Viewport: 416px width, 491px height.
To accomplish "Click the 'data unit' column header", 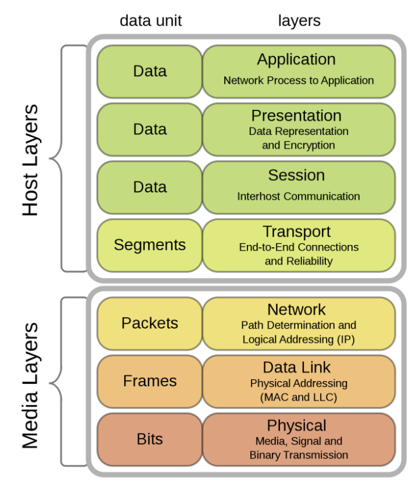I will [x=150, y=21].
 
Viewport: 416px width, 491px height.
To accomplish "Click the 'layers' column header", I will [x=299, y=21].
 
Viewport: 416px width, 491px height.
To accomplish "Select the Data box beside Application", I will [x=149, y=72].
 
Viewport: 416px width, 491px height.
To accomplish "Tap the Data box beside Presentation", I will [x=149, y=129].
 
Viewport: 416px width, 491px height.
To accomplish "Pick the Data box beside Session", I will [x=149, y=187].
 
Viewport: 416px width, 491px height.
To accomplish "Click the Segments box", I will [x=149, y=245].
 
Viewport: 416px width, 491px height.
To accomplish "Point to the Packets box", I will [x=149, y=323].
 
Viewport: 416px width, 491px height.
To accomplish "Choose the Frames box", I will [x=149, y=381].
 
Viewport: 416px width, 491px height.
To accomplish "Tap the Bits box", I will [x=149, y=439].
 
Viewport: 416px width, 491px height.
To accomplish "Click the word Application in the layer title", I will [x=296, y=60].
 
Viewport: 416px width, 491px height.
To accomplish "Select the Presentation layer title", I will [x=296, y=115].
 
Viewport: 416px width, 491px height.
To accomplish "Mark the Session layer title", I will [x=296, y=175].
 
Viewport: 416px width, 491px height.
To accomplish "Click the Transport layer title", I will [x=296, y=232].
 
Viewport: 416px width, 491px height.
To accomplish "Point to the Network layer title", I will [x=296, y=309].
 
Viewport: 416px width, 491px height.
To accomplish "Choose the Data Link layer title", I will [x=296, y=368].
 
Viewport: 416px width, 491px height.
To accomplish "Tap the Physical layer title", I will [x=296, y=425].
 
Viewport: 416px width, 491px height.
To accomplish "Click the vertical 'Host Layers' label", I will [x=30, y=160].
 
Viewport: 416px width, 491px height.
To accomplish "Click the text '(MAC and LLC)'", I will [x=298, y=397].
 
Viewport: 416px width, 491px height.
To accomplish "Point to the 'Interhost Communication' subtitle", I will [x=298, y=197].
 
